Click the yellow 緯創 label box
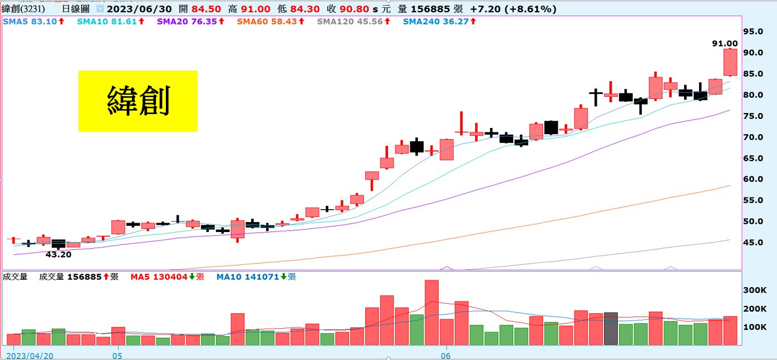coord(137,101)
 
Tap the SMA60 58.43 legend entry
coord(271,21)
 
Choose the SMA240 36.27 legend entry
coord(437,21)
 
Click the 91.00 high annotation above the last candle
coord(725,43)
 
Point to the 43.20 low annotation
coord(58,254)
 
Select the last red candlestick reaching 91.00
coord(730,62)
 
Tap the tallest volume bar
coord(432,312)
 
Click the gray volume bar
coord(611,328)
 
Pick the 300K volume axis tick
coord(756,290)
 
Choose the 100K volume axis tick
coord(756,327)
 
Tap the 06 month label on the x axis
coord(445,354)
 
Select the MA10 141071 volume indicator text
coord(256,277)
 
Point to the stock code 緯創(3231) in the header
coord(23,9)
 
